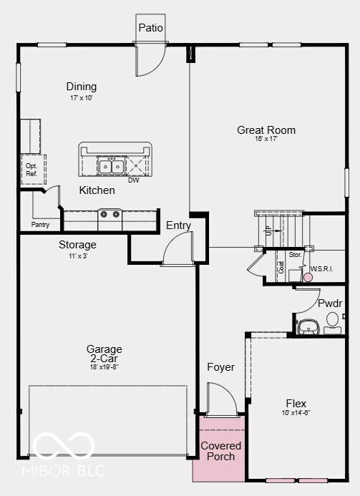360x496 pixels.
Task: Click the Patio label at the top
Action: point(150,28)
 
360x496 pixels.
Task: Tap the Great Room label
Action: point(266,130)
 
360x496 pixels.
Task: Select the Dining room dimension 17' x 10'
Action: point(81,97)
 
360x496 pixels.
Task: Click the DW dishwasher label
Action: point(134,180)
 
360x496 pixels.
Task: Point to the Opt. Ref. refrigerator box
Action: point(31,170)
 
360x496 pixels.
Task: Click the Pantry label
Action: point(41,225)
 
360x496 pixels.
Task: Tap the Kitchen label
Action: point(97,190)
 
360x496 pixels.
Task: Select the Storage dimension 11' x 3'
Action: point(77,256)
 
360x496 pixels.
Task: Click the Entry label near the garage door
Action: point(179,225)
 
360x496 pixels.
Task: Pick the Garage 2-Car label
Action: point(104,354)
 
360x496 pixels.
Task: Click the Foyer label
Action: point(221,367)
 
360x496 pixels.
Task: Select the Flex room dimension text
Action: point(296,413)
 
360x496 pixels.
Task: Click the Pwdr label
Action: point(330,303)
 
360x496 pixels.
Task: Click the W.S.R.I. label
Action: point(322,269)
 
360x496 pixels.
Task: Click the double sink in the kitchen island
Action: point(112,167)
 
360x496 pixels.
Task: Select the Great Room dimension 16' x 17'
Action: point(266,140)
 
